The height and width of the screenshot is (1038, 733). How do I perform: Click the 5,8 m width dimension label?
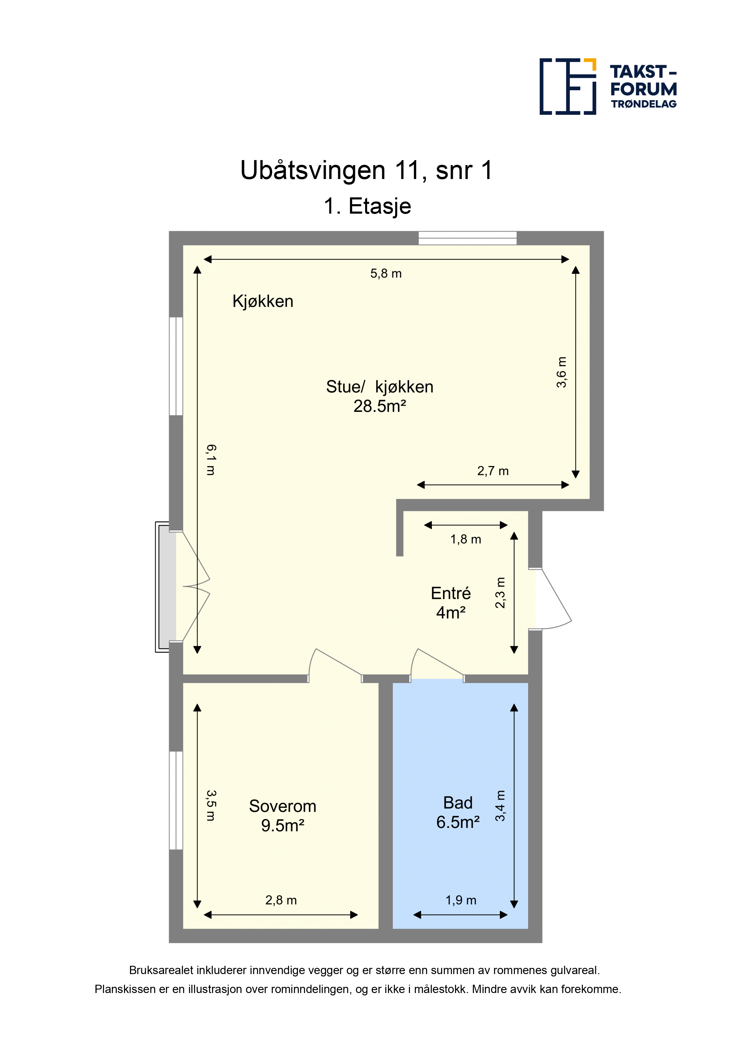point(386,273)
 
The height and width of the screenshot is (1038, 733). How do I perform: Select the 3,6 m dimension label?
point(561,372)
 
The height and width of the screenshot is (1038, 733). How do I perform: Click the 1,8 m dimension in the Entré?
point(466,539)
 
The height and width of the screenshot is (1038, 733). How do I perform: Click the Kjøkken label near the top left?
point(263,301)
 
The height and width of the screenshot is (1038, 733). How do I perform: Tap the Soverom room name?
point(283,806)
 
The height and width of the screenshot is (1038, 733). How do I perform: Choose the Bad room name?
point(458,802)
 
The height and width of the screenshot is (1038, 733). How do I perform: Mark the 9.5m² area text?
point(283,826)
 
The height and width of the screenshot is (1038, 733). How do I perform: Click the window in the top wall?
point(468,238)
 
